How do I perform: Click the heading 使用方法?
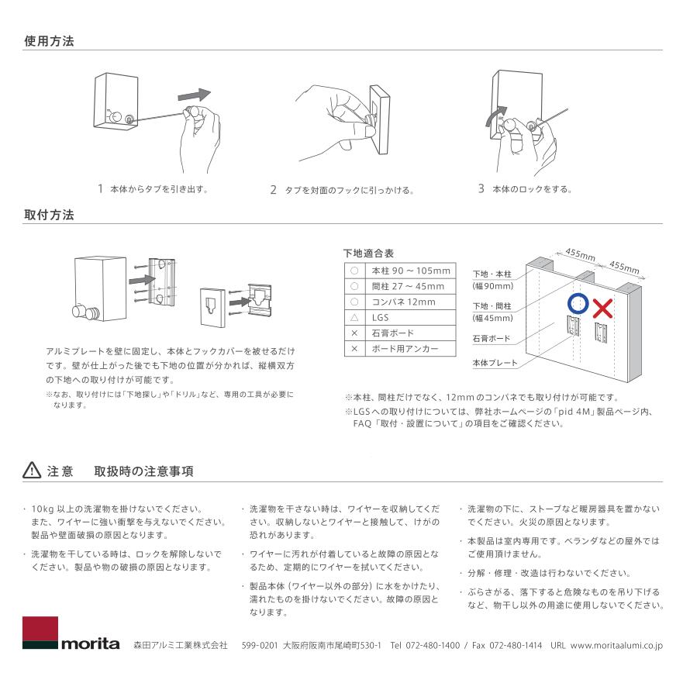tap(49, 40)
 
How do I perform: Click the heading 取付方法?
tap(49, 215)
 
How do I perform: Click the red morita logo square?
tap(40, 631)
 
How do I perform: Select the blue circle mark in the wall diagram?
tap(575, 303)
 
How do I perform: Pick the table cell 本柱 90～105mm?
tap(411, 271)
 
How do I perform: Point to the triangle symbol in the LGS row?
tap(353, 317)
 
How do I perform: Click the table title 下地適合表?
tap(368, 253)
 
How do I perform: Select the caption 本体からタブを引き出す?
tap(159, 188)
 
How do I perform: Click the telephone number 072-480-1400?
tap(431, 645)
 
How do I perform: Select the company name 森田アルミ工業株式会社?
tap(180, 645)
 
